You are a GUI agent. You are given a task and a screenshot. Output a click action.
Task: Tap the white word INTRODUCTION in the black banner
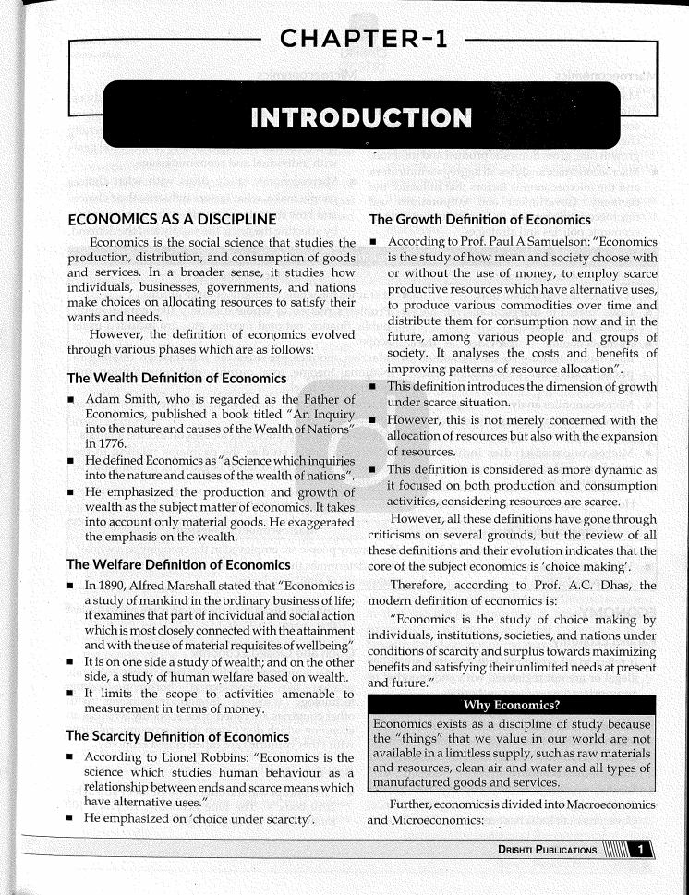click(x=361, y=118)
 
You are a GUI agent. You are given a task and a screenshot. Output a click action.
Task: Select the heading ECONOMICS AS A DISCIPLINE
click(x=172, y=220)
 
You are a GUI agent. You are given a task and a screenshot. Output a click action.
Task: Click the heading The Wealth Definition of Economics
click(x=176, y=378)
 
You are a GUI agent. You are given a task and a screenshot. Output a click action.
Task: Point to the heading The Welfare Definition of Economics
click(x=179, y=564)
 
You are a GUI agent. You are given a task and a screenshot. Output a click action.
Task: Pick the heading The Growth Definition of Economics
click(x=479, y=220)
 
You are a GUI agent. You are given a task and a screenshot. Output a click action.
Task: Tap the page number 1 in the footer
click(x=639, y=851)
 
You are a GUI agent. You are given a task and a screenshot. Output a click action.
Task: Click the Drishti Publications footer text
click(x=542, y=851)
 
